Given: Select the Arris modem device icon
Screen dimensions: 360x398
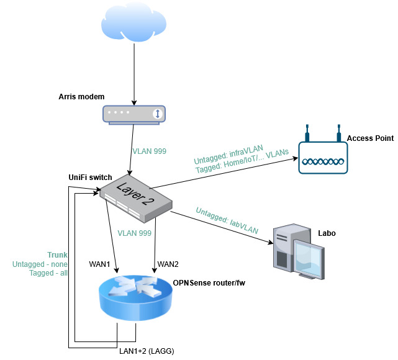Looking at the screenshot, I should pos(133,115).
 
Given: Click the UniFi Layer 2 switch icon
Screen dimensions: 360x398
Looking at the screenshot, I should pos(136,197).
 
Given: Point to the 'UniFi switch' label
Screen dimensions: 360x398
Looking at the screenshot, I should pos(90,178).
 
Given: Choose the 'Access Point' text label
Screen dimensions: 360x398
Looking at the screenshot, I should pos(370,138).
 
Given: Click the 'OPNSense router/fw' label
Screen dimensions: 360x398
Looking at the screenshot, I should pos(211,284).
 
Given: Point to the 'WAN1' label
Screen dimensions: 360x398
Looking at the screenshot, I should pos(99,264).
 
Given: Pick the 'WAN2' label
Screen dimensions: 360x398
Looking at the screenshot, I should pos(167,264).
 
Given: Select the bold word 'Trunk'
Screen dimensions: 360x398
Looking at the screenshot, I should pos(58,255).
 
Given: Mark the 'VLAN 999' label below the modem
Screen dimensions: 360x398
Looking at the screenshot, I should pos(150,151).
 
